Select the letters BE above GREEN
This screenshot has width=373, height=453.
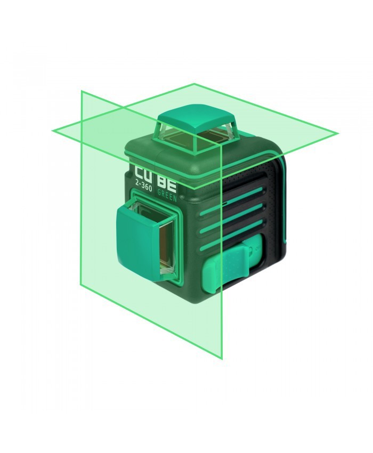coord(167,185)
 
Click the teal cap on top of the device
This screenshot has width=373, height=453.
coord(196,119)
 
